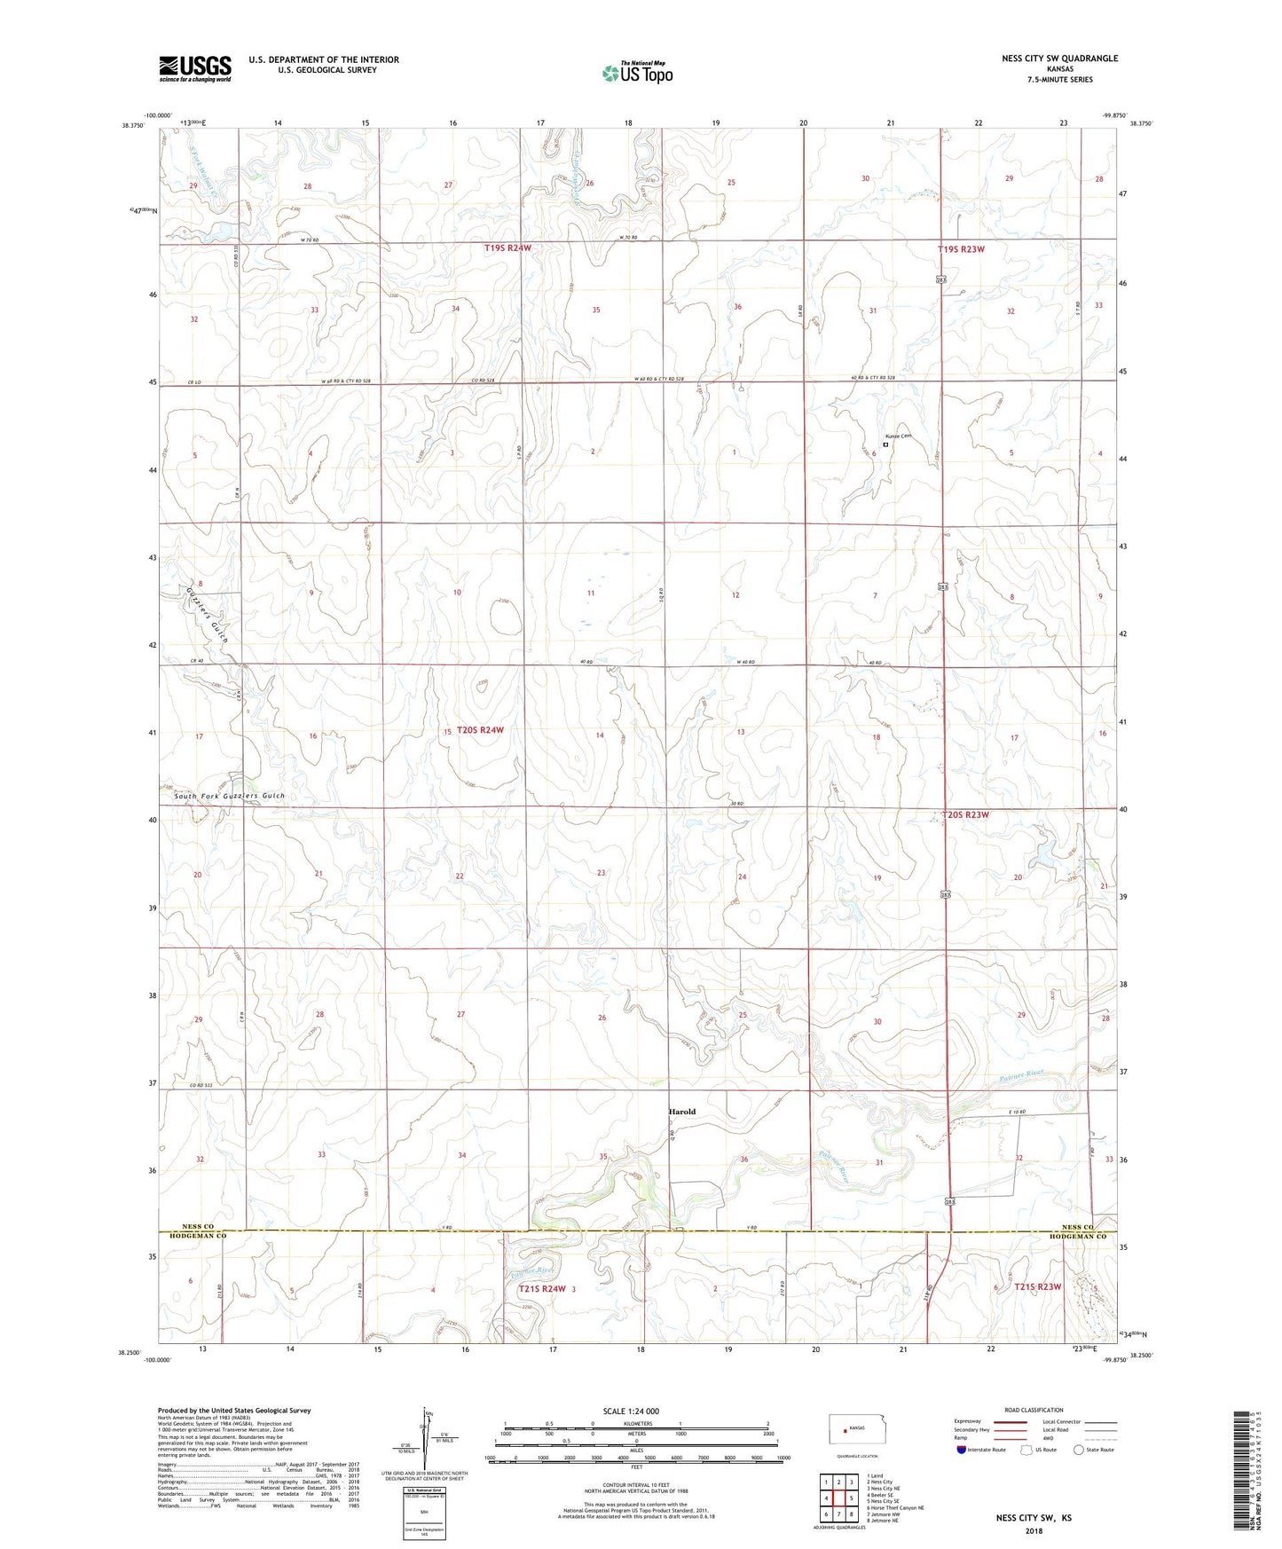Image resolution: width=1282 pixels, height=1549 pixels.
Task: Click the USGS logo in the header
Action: coord(195,68)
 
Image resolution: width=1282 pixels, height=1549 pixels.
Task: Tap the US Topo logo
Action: coord(637,73)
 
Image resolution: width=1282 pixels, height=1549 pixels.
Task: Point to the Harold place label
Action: coord(681,1112)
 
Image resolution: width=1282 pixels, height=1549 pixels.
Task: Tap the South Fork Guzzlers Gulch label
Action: coord(230,796)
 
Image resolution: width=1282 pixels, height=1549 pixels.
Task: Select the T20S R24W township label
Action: coord(480,730)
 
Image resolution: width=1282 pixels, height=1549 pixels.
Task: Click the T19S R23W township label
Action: coord(961,249)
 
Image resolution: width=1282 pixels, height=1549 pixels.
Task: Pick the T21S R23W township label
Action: coord(1037,1286)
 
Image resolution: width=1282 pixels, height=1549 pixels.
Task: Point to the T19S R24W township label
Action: coord(507,248)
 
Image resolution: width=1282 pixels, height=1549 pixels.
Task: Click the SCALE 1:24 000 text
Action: coord(631,1411)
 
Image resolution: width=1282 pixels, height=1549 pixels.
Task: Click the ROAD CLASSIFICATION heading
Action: coord(1034,1410)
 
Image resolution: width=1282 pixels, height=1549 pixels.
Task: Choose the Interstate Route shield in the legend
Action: coord(963,1450)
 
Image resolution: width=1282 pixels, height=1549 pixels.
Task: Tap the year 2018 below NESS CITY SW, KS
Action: coord(1034,1530)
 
